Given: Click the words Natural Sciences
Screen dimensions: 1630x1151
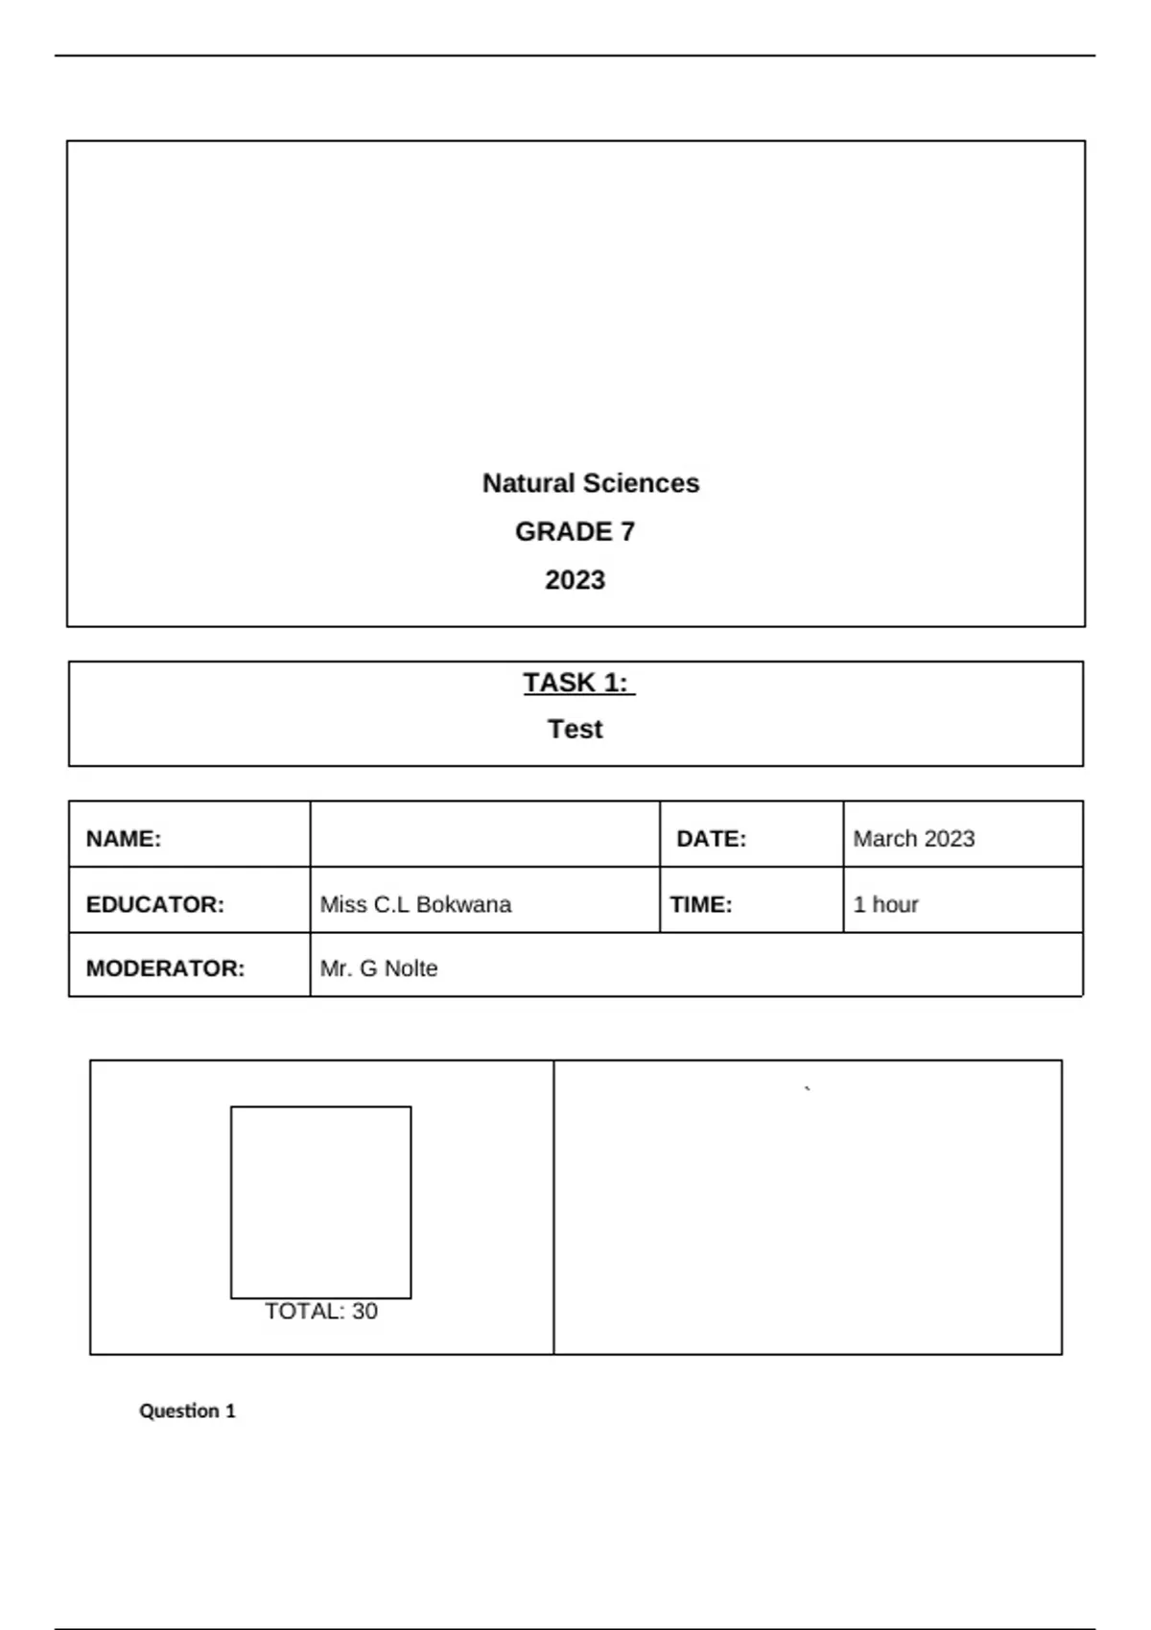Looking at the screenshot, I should tap(590, 483).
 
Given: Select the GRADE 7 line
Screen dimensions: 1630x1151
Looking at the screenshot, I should tap(575, 531).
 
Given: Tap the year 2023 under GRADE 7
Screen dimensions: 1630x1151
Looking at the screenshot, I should tap(575, 580).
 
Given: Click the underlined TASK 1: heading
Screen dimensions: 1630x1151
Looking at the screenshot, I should tap(576, 683).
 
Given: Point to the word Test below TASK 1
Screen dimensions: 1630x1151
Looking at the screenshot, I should tap(575, 730).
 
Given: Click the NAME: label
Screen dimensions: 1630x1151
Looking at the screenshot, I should tap(124, 839).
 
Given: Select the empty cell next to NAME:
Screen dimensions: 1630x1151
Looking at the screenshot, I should tap(484, 835).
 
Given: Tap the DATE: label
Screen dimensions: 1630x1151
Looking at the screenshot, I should tap(711, 839).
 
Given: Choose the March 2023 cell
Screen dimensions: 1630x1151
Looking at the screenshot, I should tap(913, 839).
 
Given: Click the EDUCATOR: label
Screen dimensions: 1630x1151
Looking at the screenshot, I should tap(154, 904).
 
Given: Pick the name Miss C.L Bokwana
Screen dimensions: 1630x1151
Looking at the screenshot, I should tap(415, 904).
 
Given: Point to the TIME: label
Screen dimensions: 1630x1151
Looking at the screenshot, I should tap(700, 904).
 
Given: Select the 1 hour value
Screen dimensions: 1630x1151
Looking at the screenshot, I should tap(885, 904).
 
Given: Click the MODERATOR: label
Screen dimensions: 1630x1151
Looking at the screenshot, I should tap(165, 968).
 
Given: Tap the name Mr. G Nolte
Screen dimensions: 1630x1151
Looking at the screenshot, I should tap(379, 968).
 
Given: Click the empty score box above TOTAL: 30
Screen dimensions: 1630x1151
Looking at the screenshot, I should tap(320, 1201).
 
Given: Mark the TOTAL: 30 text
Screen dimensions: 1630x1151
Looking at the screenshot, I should tap(320, 1311).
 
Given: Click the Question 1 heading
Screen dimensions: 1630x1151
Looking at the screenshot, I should tap(187, 1410).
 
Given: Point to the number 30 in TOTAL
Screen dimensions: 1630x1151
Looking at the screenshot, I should tap(364, 1311).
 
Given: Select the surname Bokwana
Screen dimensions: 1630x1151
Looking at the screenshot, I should tap(463, 904).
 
